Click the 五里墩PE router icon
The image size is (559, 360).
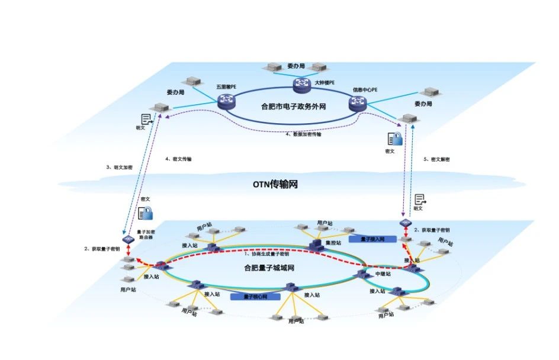click(x=227, y=102)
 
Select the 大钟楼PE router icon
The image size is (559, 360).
click(x=303, y=85)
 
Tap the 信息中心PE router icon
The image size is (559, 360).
click(x=358, y=103)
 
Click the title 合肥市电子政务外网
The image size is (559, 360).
click(x=293, y=107)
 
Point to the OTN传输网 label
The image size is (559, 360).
click(x=275, y=185)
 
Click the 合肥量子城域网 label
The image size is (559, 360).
click(x=269, y=268)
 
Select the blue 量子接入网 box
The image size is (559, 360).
click(x=366, y=240)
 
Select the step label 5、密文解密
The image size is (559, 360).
click(x=437, y=160)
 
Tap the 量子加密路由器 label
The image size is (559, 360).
click(x=145, y=234)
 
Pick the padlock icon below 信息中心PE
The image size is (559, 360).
click(x=395, y=139)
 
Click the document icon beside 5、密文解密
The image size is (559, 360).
click(x=420, y=200)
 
